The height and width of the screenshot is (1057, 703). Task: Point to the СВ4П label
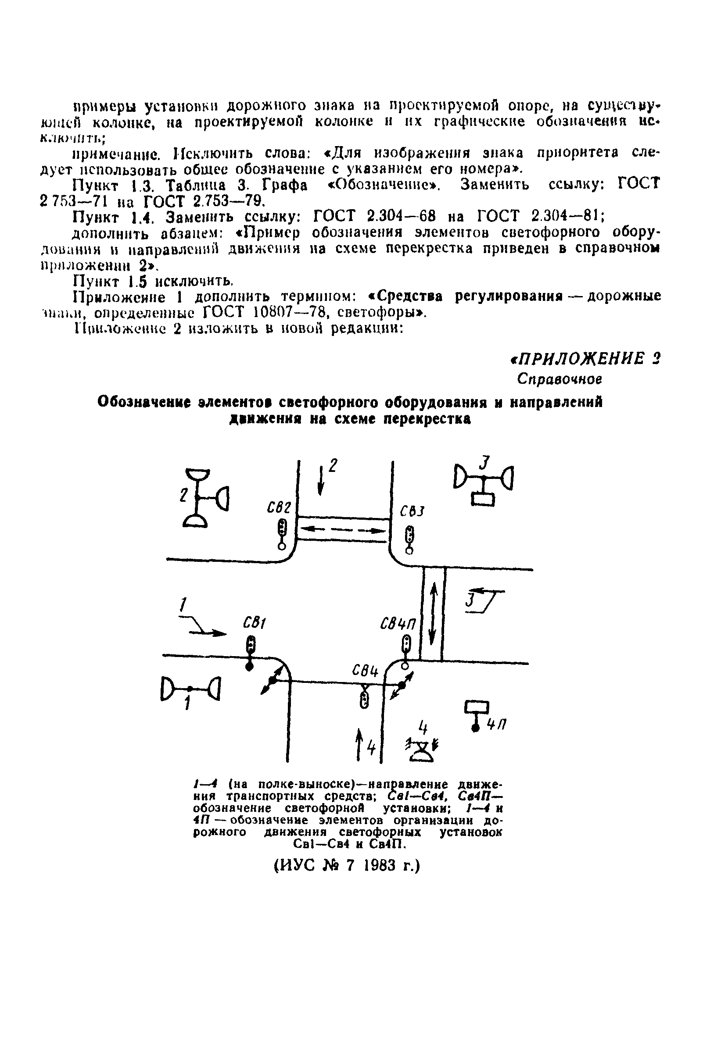398,624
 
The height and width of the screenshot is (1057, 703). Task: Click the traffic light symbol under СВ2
282,532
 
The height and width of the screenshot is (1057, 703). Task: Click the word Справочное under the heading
559,379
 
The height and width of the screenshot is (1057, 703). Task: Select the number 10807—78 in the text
291,312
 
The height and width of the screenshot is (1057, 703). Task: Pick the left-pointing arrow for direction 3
485,592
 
